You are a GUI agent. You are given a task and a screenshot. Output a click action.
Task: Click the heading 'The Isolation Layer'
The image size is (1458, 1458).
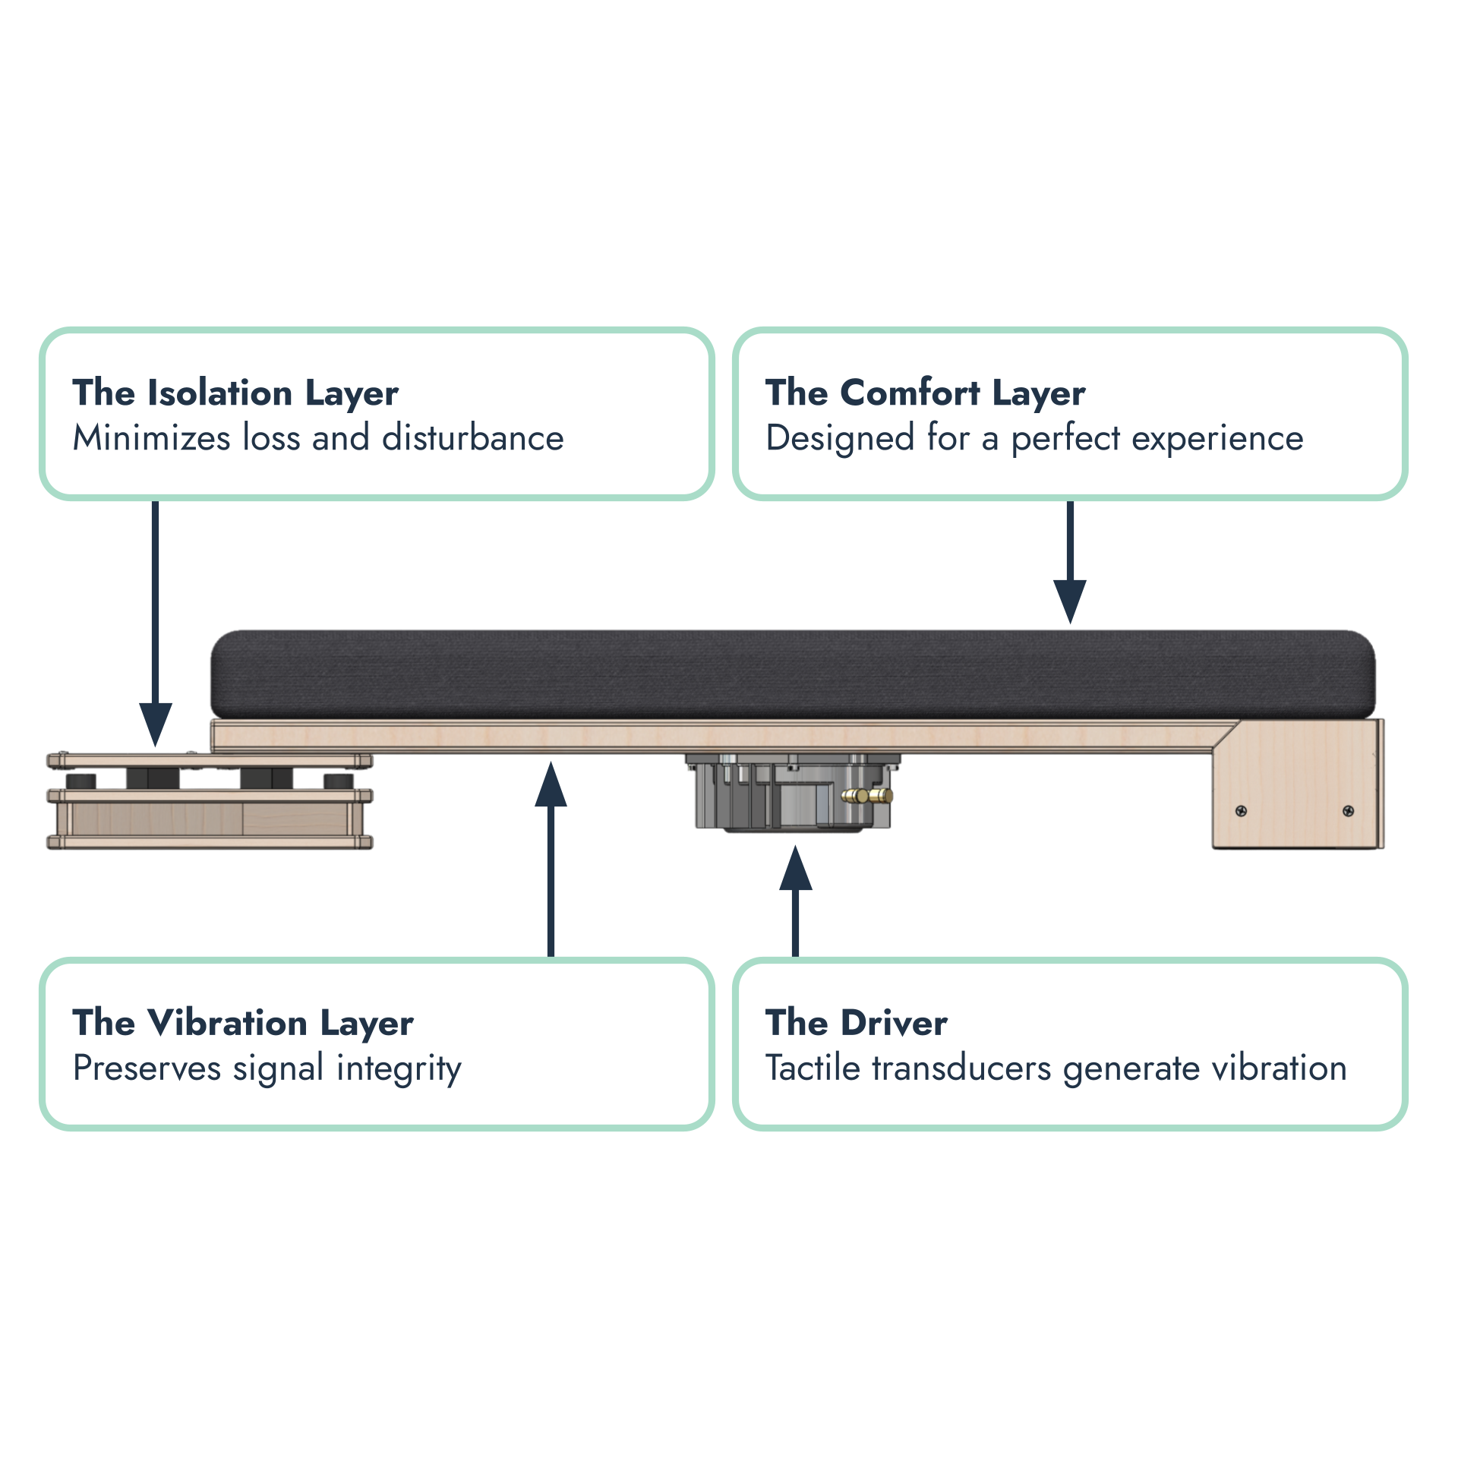click(235, 393)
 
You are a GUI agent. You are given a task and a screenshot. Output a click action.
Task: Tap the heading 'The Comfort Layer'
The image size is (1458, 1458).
click(925, 393)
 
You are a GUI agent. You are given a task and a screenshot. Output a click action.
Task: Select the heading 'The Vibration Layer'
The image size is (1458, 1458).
click(243, 1023)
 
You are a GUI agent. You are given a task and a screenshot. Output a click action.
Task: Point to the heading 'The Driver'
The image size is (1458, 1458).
click(857, 1022)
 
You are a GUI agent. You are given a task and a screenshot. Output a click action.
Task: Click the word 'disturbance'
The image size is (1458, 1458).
click(473, 437)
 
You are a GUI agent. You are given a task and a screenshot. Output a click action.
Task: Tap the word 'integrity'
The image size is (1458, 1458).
click(399, 1069)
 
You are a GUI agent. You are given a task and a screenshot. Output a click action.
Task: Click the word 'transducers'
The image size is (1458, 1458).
click(961, 1068)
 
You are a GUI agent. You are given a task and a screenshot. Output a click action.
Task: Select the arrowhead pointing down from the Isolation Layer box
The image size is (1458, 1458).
click(156, 724)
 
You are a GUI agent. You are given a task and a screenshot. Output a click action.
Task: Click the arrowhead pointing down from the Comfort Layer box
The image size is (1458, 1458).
click(1070, 601)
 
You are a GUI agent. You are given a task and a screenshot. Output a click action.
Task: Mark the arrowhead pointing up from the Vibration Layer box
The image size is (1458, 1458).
click(551, 784)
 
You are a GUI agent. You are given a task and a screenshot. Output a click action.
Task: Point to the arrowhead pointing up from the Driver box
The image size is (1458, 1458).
click(796, 869)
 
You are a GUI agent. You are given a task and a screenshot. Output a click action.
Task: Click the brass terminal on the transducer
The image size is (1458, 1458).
click(867, 797)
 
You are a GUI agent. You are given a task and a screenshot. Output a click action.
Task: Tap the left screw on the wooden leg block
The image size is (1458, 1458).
click(1241, 811)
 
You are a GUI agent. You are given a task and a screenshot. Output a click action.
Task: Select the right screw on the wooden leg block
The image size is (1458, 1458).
click(1348, 811)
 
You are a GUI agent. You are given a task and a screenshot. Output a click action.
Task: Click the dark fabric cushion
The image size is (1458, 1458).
click(793, 674)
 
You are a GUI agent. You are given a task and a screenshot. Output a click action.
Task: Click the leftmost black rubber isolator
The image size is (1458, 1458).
click(80, 781)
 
